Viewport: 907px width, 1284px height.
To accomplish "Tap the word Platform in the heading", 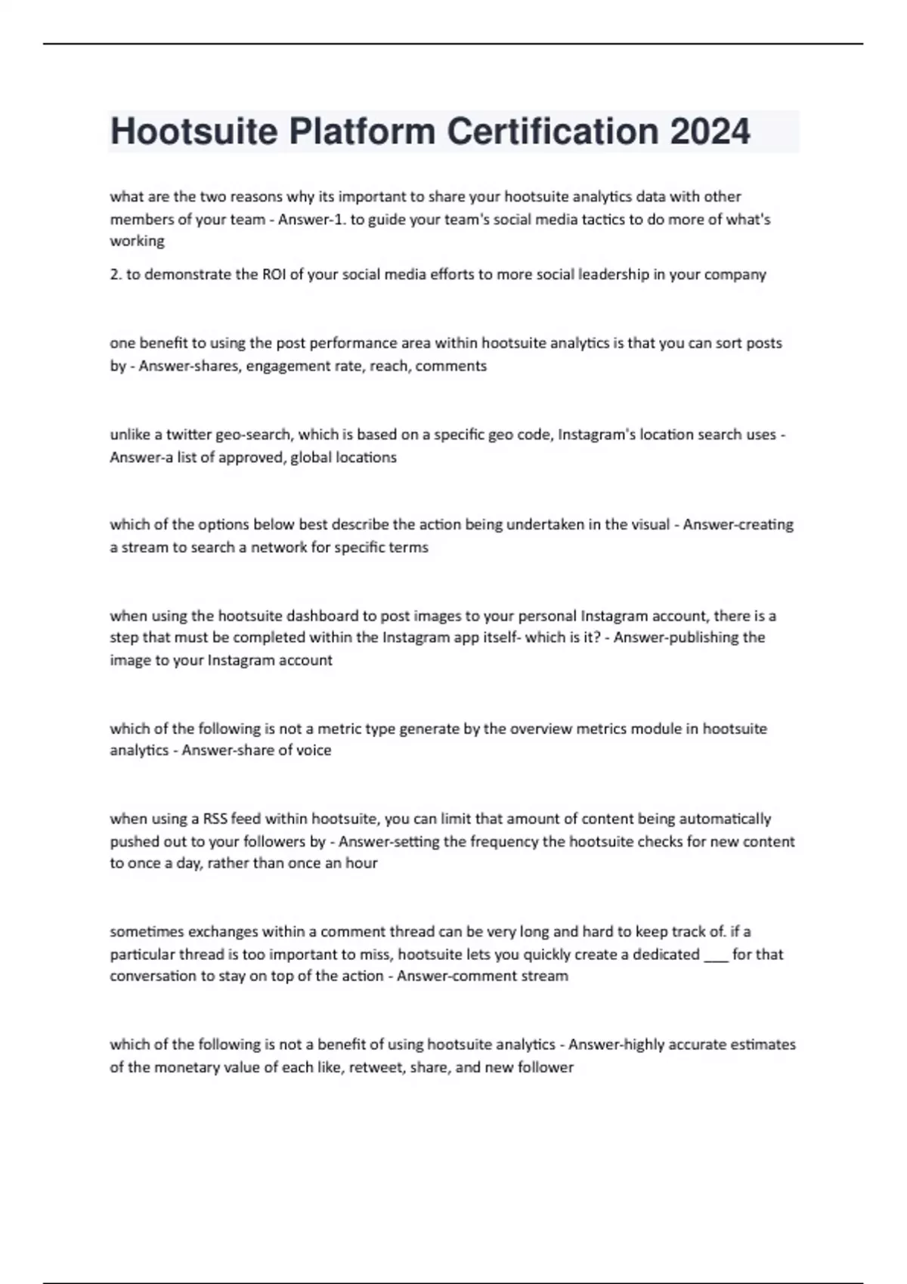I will [362, 131].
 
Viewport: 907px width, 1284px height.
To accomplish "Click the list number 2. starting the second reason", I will [116, 275].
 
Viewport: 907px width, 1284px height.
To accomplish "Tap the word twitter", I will [189, 435].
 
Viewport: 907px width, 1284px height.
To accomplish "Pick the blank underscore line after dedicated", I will [716, 955].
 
